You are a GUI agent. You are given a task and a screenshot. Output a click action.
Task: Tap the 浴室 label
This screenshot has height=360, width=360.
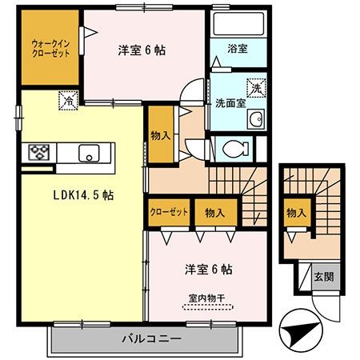[x=237, y=50]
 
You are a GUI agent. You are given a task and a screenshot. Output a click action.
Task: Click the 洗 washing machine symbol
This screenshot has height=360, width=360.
[x=256, y=86]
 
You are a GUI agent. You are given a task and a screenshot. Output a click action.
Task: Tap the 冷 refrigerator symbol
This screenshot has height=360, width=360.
[x=69, y=101]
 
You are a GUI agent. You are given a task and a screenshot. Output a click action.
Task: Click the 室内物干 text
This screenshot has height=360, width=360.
[x=206, y=298]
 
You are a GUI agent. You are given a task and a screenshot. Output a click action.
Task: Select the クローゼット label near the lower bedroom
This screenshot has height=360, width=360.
[x=169, y=213]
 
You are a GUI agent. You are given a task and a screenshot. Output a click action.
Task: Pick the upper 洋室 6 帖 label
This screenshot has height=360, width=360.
[x=142, y=50]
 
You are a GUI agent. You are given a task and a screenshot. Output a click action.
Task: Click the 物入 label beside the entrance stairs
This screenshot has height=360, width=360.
[x=296, y=213]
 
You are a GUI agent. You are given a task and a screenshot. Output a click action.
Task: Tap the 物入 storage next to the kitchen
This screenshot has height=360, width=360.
[x=160, y=135]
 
